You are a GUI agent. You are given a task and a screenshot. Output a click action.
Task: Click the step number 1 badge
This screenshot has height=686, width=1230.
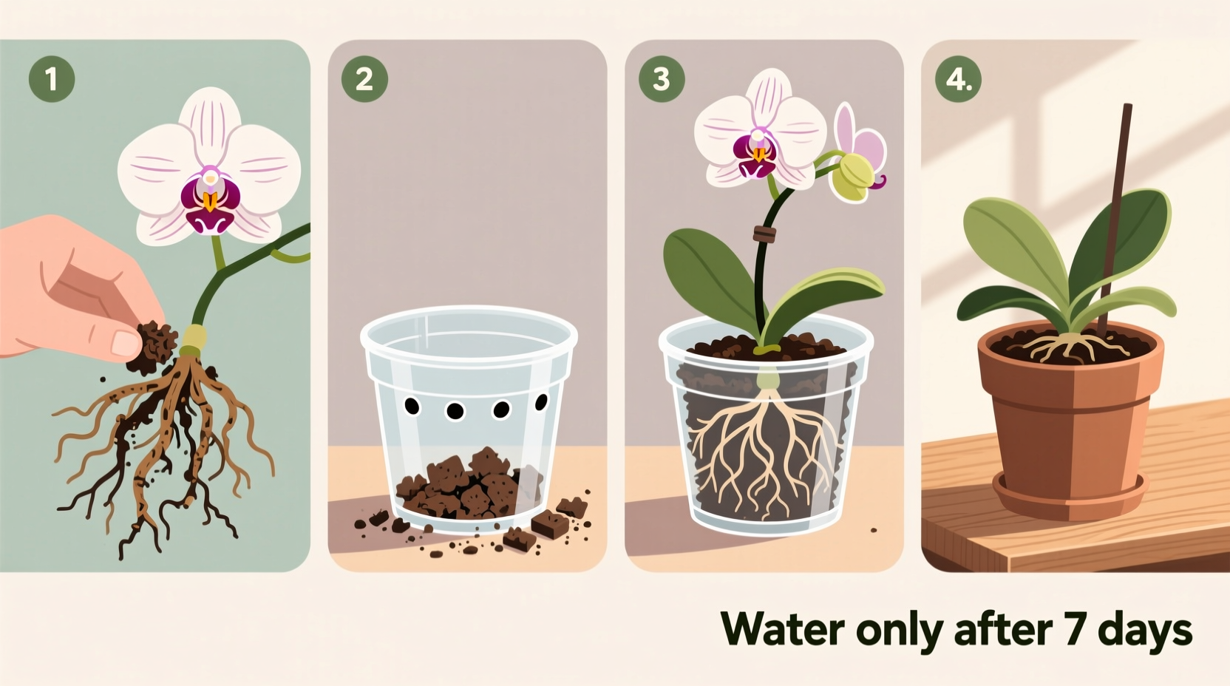pos(52,78)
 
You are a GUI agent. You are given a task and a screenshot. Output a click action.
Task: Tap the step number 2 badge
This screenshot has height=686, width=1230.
pos(364,78)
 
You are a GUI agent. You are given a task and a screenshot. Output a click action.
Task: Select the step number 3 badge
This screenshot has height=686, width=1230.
pos(662,78)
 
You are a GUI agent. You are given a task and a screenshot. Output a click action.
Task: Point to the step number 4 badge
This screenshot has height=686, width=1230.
pos(958,78)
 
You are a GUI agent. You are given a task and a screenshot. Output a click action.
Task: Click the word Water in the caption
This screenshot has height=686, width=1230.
pos(782,630)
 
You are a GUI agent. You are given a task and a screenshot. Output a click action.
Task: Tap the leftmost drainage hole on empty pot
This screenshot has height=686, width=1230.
pos(412,406)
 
